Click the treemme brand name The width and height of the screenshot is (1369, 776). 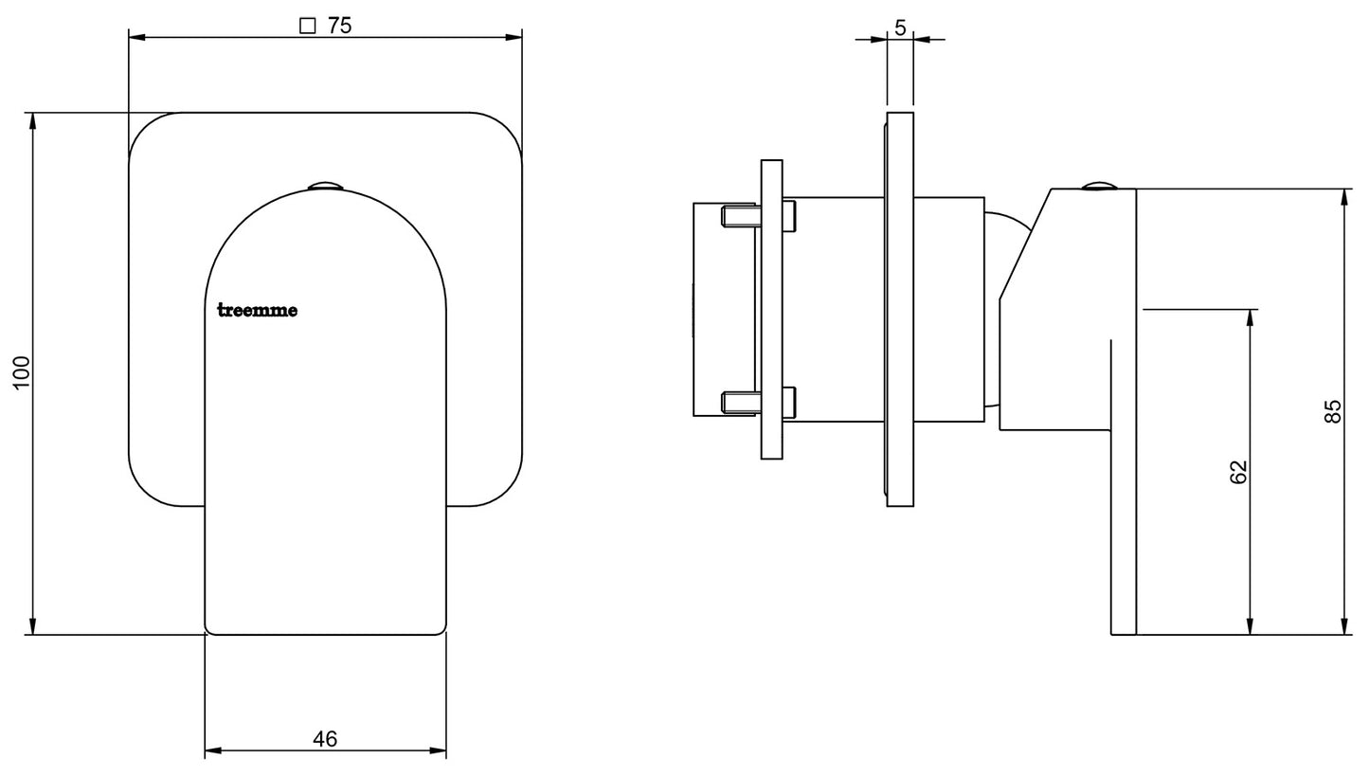(x=258, y=311)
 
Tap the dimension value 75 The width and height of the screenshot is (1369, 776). (x=340, y=26)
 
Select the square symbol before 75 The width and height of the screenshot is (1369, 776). (x=307, y=27)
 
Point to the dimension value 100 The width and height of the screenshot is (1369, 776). (x=22, y=372)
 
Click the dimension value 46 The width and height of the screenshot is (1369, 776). (x=325, y=739)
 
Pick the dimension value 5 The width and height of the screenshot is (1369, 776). (x=900, y=27)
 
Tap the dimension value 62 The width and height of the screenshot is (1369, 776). (x=1238, y=472)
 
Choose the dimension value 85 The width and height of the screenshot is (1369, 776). (x=1333, y=411)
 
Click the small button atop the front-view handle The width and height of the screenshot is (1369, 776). (x=325, y=186)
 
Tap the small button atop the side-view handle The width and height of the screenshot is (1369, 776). (x=1099, y=186)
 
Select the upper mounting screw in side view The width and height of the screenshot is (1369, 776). (x=759, y=216)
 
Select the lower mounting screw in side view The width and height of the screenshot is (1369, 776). (x=759, y=402)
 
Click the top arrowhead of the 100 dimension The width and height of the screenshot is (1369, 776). (x=32, y=121)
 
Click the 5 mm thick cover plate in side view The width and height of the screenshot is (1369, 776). (x=900, y=309)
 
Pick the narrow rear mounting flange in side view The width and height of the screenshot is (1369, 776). (x=772, y=310)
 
